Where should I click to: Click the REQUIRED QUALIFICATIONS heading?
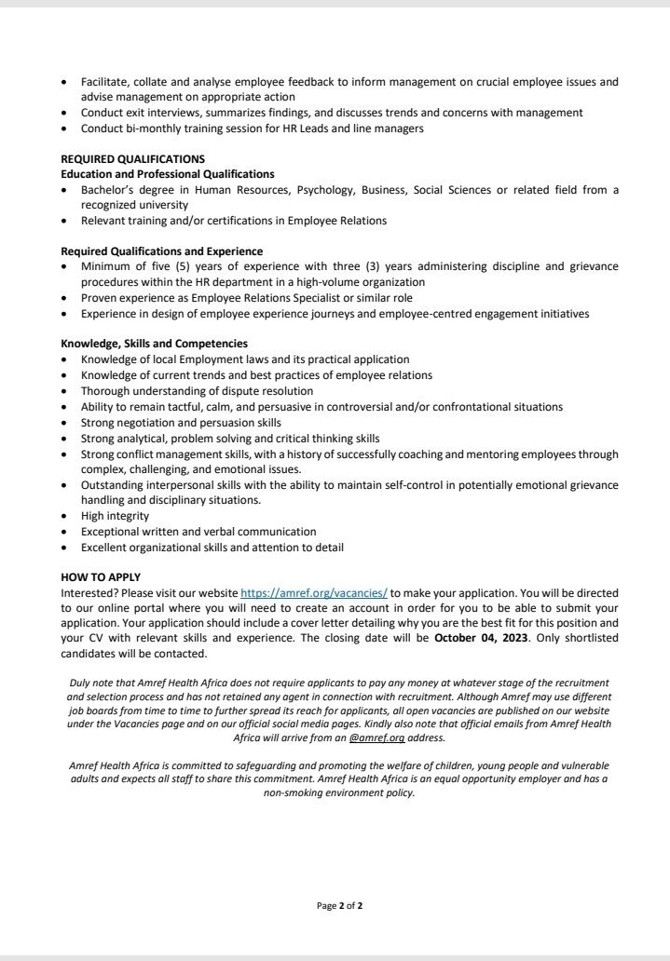click(132, 159)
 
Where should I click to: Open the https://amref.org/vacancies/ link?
click(314, 592)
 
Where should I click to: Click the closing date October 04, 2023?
click(478, 637)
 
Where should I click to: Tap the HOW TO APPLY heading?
click(101, 578)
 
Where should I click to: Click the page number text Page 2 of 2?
click(340, 905)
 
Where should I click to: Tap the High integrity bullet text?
click(115, 515)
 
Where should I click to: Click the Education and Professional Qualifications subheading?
click(168, 174)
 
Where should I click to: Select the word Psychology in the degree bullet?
click(329, 190)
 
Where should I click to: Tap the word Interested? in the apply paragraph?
click(90, 592)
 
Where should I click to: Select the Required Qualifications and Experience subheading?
click(161, 251)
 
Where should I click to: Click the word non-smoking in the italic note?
click(297, 793)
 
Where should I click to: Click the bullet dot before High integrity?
click(63, 516)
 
